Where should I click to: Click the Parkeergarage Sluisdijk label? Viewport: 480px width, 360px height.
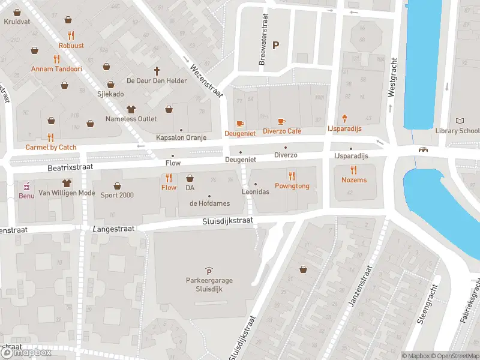point(209,284)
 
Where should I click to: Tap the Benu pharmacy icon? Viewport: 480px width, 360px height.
point(26,185)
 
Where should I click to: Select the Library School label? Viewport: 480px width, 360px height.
point(457,131)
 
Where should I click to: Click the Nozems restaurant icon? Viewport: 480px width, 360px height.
point(354,170)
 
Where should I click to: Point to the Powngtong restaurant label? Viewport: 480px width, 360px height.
point(292,186)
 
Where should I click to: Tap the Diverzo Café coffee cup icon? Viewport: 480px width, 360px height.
point(281,122)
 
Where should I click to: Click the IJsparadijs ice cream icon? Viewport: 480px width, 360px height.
point(345,118)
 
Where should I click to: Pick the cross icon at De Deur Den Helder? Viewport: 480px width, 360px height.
point(158,70)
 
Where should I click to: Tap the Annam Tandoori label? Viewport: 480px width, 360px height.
point(56,69)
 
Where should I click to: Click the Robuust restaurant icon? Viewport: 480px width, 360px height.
point(71,35)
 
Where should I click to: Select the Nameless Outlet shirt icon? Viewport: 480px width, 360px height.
point(131,109)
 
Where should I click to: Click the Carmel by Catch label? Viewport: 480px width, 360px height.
point(51,147)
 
